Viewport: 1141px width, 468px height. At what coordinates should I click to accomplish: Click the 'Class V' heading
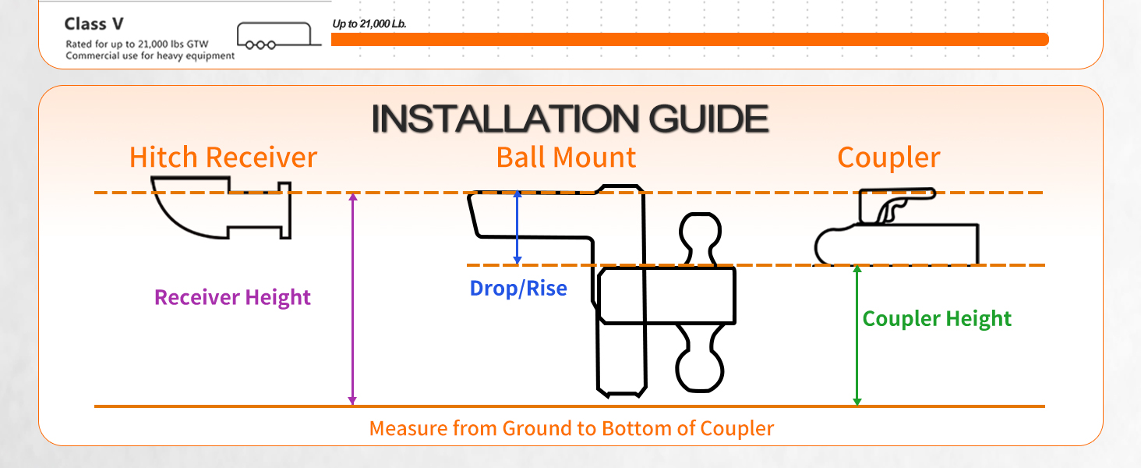point(94,24)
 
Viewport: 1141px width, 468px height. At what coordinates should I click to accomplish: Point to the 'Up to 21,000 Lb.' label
point(369,24)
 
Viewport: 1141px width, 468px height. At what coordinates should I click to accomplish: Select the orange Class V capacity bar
point(690,39)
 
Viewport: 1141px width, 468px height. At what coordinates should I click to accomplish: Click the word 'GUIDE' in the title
point(708,119)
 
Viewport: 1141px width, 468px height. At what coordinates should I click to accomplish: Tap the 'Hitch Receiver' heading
point(223,157)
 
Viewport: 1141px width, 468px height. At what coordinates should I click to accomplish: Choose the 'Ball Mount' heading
point(566,157)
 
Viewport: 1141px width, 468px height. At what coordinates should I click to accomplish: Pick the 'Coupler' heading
point(888,158)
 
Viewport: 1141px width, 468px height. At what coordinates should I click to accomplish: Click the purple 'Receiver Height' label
point(232,297)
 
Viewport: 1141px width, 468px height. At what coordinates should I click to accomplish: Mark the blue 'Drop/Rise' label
point(518,289)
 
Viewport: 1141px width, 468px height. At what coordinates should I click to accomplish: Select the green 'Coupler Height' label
point(937,318)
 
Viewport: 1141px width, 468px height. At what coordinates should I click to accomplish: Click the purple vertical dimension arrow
point(352,300)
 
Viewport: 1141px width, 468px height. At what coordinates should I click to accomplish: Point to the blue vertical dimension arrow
point(517,228)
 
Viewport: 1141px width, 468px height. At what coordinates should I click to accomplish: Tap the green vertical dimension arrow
point(857,335)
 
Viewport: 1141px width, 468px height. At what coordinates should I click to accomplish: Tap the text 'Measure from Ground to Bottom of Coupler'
point(571,429)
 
